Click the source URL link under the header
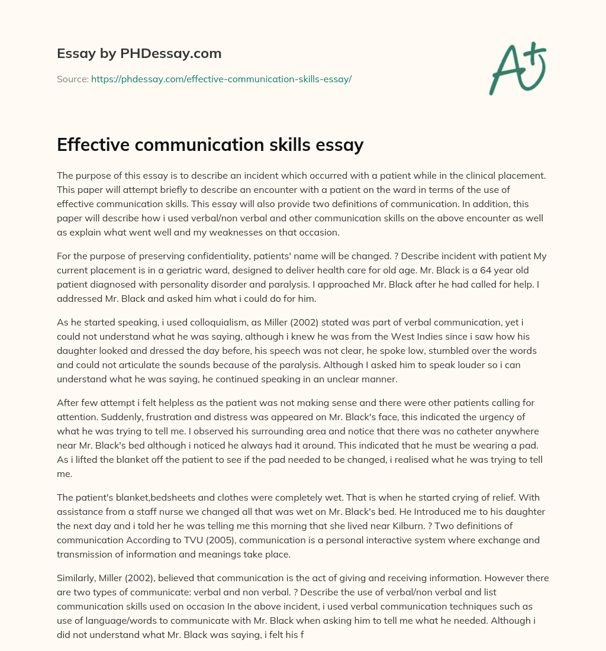[221, 79]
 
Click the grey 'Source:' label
[73, 79]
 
